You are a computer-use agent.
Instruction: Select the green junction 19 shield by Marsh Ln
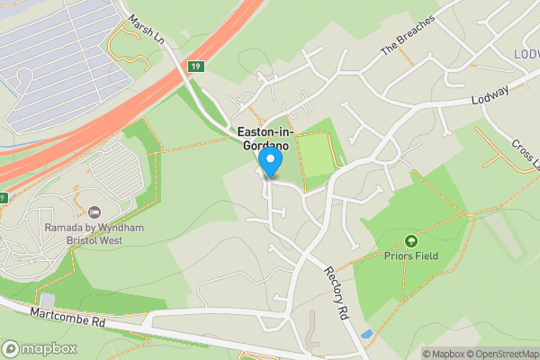195,66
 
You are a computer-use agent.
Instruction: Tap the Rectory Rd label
337,292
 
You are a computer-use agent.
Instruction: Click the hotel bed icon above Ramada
95,211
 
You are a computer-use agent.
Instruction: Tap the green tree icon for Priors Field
411,240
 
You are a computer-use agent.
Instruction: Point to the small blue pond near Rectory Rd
364,336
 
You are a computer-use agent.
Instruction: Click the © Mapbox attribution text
444,354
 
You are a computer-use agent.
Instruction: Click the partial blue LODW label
527,54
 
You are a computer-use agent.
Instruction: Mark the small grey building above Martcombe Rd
48,299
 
